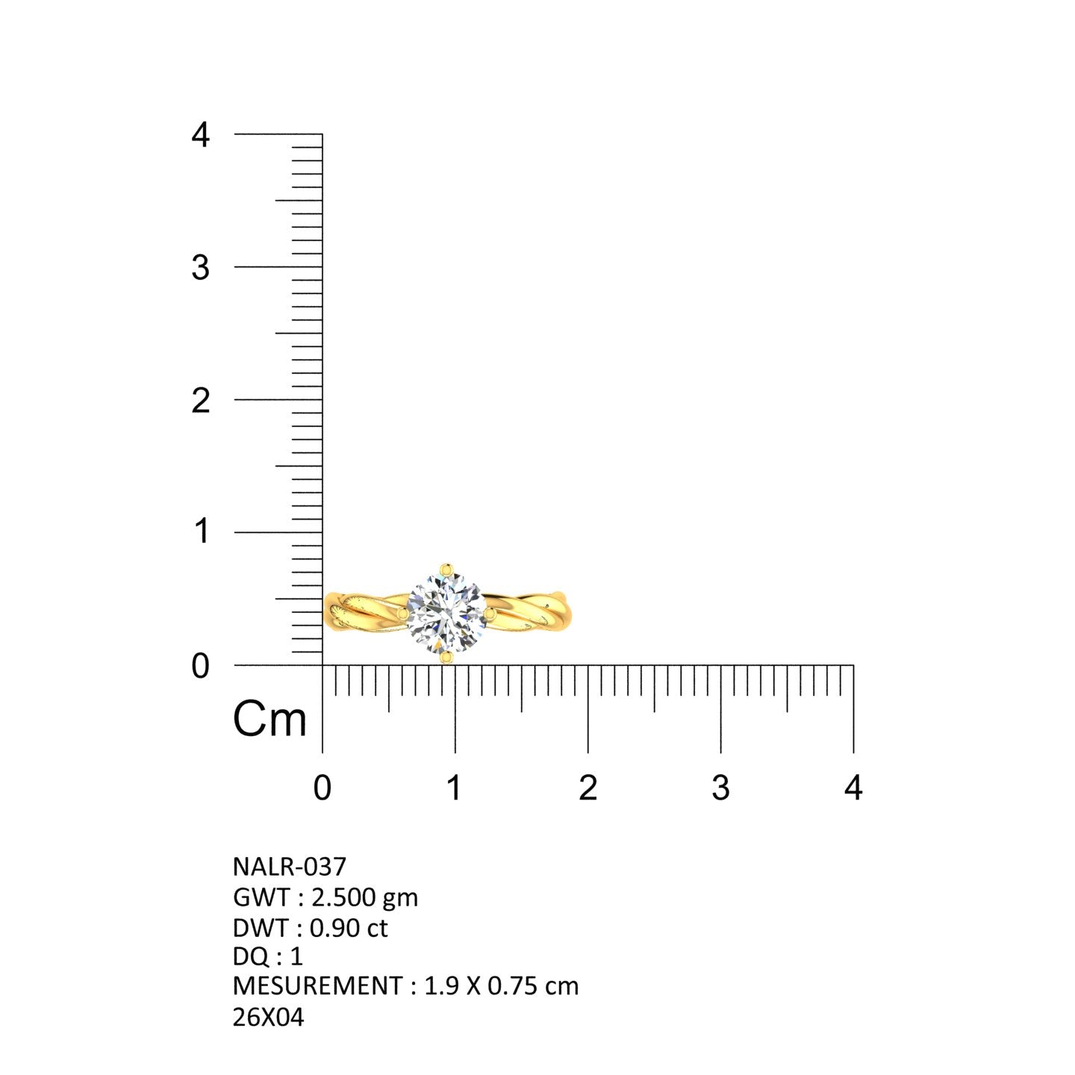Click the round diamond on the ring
(x=446, y=614)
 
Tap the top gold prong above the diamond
(x=446, y=570)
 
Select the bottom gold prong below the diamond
(x=446, y=658)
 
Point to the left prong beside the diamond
(x=403, y=614)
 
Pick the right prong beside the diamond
(x=489, y=614)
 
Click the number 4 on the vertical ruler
(x=200, y=135)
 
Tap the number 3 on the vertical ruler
(x=200, y=268)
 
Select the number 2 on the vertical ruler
(x=200, y=401)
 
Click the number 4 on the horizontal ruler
(x=853, y=788)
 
